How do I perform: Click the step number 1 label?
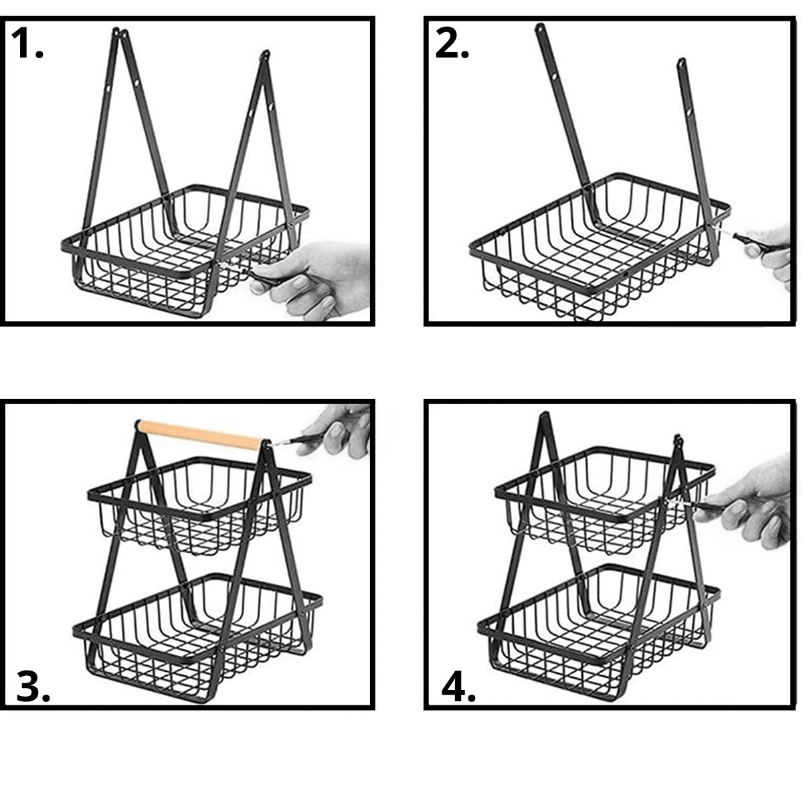(27, 43)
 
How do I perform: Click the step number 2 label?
(452, 43)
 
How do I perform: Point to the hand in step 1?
(313, 278)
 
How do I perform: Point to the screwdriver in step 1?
(246, 272)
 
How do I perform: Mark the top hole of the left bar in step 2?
(541, 29)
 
